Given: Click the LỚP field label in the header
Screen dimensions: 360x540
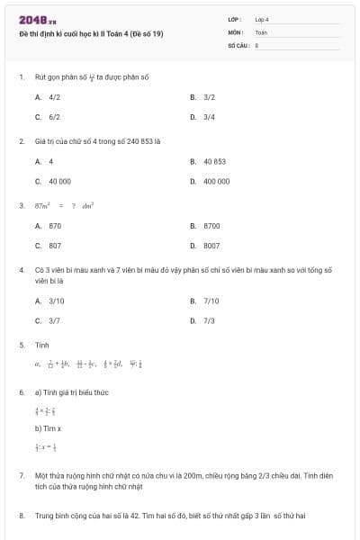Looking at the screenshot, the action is [235, 19].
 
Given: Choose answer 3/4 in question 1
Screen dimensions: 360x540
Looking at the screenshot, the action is [209, 117].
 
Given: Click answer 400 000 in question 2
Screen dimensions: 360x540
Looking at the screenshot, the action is [216, 181].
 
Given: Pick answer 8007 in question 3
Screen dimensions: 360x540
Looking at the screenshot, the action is [211, 245].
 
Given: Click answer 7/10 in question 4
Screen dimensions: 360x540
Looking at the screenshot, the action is [211, 301].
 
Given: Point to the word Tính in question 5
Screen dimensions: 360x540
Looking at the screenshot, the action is [41, 345].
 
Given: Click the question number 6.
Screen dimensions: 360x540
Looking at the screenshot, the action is [21, 392].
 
